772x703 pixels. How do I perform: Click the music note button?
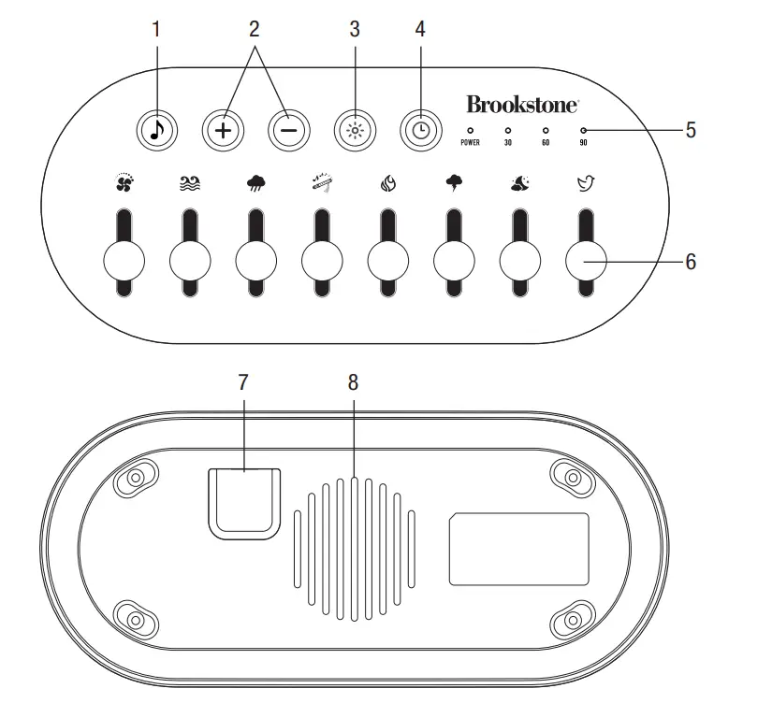(x=156, y=131)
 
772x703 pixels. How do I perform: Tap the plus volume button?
(x=222, y=131)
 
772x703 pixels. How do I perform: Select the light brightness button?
(x=355, y=131)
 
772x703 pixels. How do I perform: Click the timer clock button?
(x=420, y=131)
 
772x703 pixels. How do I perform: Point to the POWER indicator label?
(x=470, y=143)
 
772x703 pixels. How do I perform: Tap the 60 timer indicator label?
(x=546, y=143)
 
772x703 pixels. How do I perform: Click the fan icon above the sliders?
(x=123, y=183)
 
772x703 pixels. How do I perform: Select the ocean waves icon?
(x=190, y=184)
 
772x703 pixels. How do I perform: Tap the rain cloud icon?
(x=255, y=184)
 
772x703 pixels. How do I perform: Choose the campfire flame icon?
(x=387, y=184)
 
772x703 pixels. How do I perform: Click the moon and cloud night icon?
(x=519, y=184)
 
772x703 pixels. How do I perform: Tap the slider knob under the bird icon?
(x=586, y=263)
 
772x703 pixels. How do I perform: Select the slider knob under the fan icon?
(x=123, y=263)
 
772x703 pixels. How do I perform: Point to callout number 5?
(x=691, y=131)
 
